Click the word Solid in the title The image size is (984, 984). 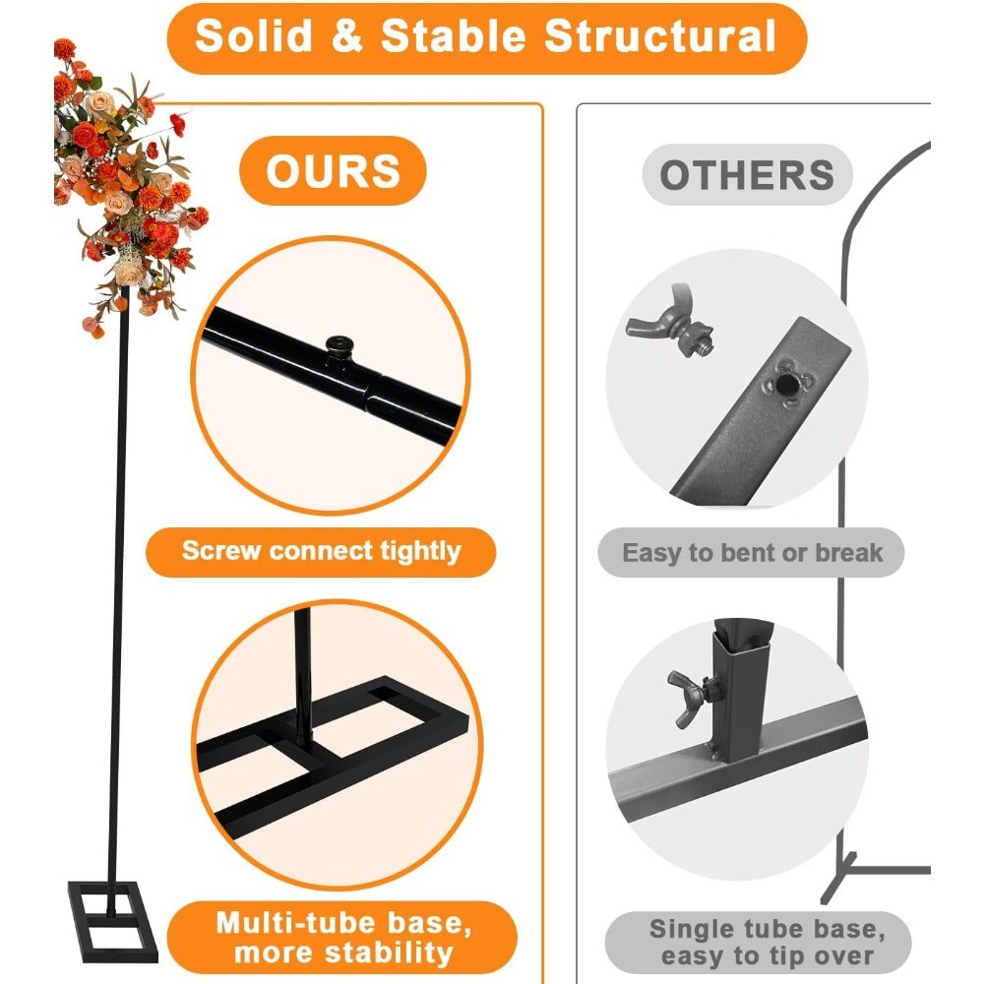(254, 35)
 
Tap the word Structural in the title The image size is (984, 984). (660, 35)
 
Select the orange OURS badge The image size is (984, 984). (333, 170)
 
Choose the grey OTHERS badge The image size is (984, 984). (747, 174)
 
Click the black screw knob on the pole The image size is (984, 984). (339, 347)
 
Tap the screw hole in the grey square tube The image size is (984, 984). (784, 384)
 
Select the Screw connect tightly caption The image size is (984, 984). (321, 552)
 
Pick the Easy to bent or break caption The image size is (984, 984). (751, 553)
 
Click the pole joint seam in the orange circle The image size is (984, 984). (373, 395)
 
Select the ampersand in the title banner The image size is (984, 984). (347, 35)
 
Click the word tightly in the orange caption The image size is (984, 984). (420, 552)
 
